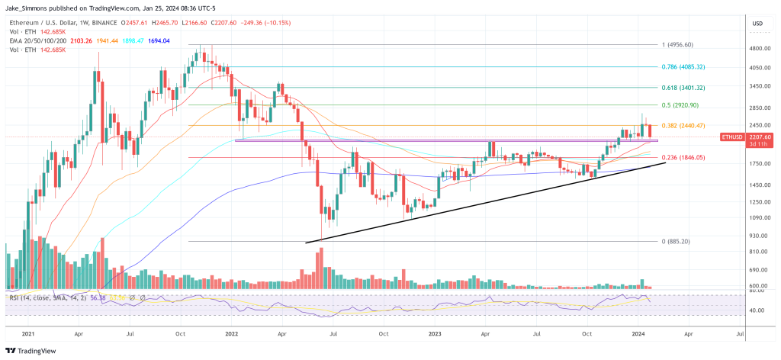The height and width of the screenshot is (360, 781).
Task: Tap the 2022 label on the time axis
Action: tap(232, 334)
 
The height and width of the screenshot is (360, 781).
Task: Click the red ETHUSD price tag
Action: tap(731, 137)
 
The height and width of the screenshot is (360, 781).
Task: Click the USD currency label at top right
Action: tap(757, 23)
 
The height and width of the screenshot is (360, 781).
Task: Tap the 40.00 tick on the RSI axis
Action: tap(757, 310)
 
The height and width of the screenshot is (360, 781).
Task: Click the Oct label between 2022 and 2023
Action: tap(384, 334)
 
